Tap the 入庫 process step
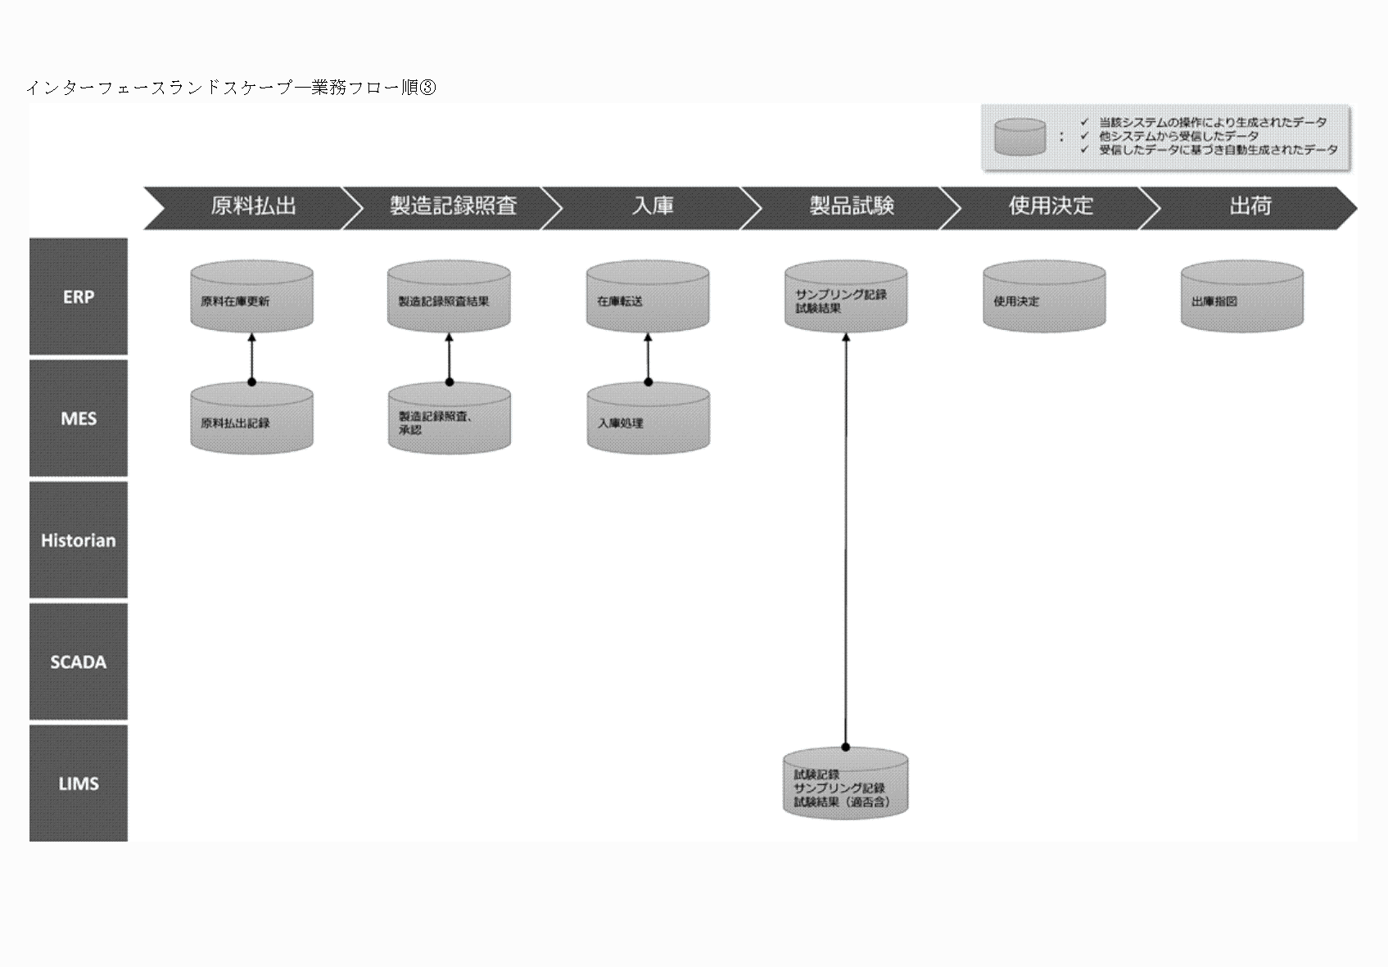point(652,207)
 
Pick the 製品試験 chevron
point(852,207)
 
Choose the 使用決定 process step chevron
point(1051,207)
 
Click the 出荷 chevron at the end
point(1249,207)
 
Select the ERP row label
point(79,297)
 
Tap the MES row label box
point(79,418)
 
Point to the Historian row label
point(79,540)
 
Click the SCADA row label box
point(79,662)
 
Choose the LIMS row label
point(79,784)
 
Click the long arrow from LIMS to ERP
point(846,540)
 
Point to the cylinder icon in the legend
point(1020,137)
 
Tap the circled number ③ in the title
point(427,88)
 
